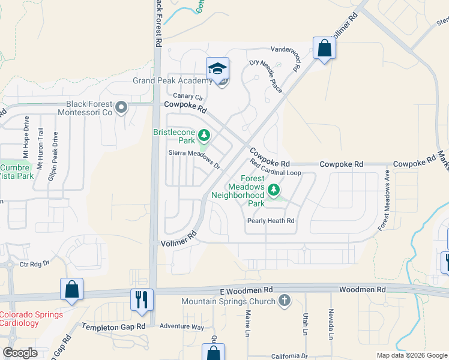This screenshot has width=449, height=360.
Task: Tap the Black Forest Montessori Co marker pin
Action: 122,108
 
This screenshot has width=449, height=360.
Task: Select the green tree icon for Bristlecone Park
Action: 204,134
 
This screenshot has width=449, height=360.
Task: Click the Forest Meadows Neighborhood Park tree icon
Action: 274,190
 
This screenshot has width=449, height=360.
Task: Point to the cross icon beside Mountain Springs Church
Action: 285,301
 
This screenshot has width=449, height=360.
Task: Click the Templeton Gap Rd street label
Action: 114,326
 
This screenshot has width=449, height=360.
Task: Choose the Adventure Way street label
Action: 182,326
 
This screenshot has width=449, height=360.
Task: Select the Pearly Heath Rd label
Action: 271,221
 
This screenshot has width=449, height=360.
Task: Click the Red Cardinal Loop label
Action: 276,172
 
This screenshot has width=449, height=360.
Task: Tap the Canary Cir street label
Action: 189,96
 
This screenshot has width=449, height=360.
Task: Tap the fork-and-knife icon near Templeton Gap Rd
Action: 142,299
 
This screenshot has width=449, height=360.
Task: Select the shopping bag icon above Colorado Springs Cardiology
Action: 71,289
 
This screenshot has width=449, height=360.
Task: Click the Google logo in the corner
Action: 20,353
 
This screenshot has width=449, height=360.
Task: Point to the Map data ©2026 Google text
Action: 411,355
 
